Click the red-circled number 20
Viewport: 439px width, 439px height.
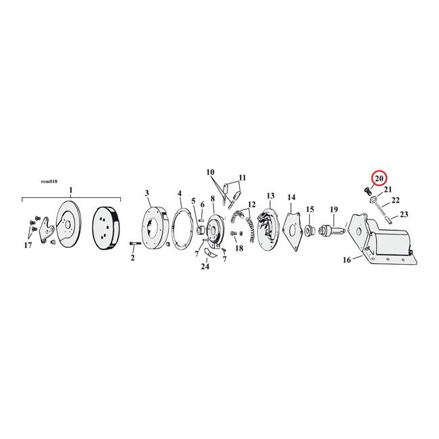379,178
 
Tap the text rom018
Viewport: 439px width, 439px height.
49,182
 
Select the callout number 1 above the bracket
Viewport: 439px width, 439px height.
71,190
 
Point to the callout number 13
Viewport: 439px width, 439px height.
270,196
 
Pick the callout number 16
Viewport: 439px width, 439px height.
346,260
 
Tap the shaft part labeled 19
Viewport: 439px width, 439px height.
334,230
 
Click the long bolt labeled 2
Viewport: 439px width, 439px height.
135,244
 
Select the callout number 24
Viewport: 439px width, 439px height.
205,266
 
